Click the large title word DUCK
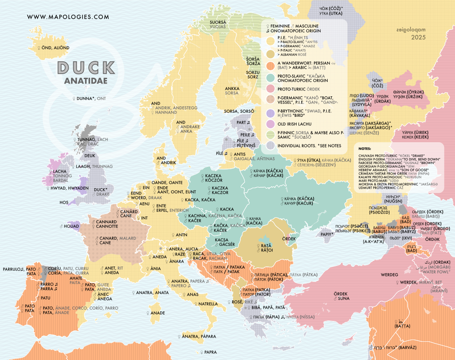coord(86,68)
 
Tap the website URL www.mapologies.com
coord(68,17)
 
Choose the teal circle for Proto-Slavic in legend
coord(269,77)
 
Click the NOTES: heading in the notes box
coord(365,149)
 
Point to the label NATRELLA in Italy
coord(208,304)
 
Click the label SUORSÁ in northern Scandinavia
coord(217,22)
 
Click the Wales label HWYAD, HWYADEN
coord(72,188)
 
